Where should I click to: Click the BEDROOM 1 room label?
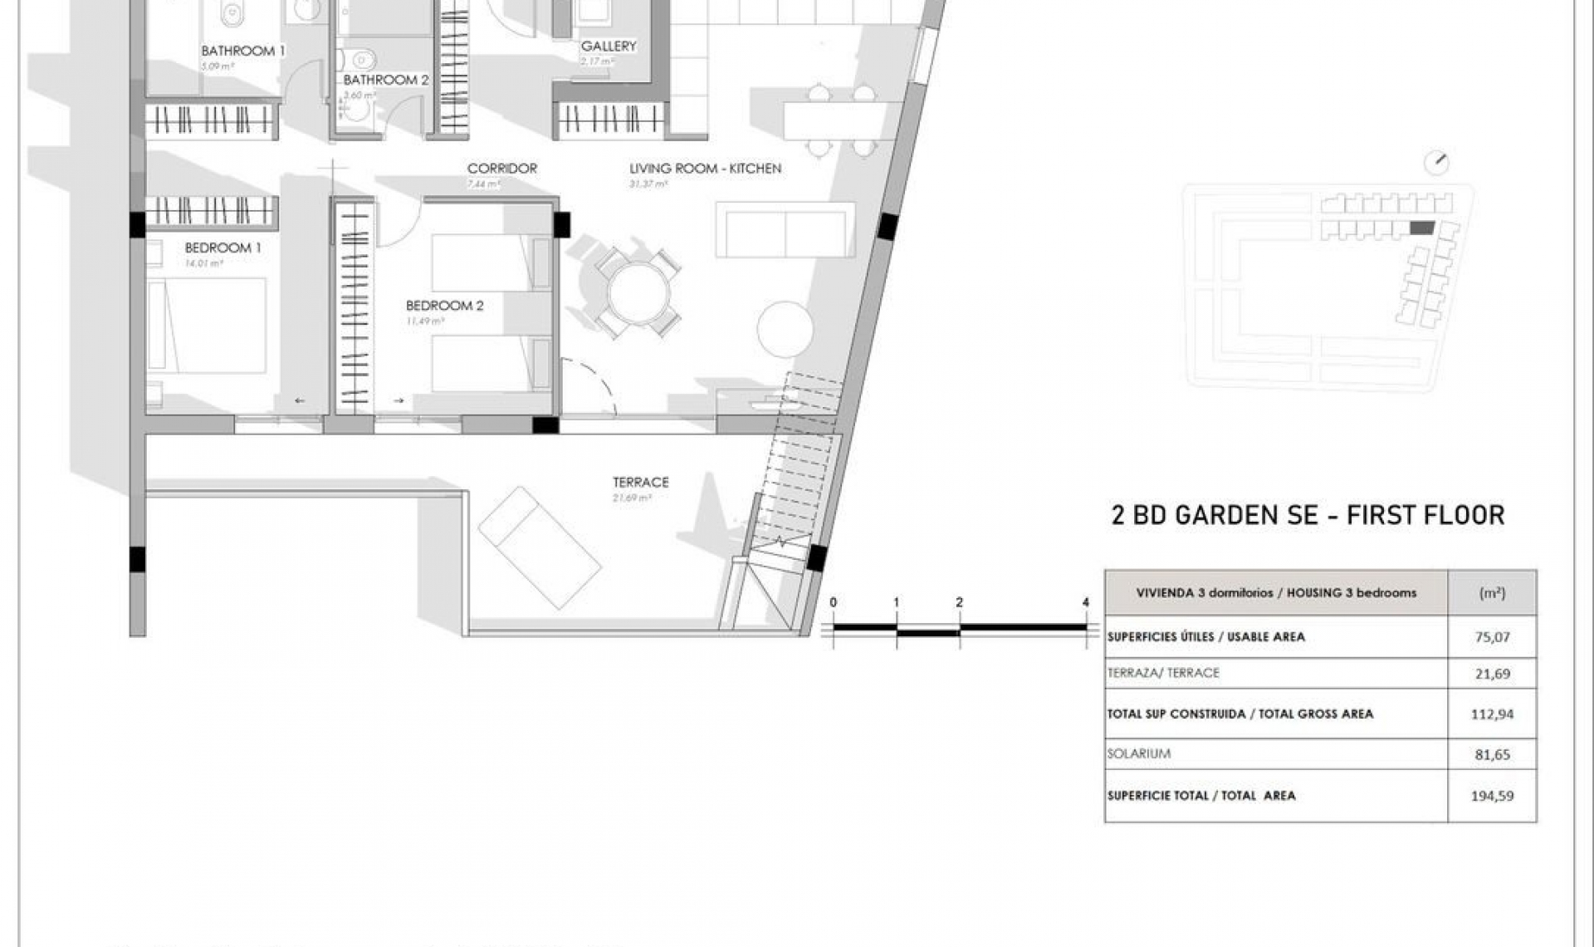[x=222, y=248]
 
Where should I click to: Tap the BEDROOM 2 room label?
[x=444, y=306]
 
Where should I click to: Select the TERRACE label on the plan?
[x=640, y=482]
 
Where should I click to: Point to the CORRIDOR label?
[x=501, y=169]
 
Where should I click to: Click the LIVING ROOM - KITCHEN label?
[x=705, y=169]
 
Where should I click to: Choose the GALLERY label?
[x=608, y=47]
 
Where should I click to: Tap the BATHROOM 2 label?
[x=386, y=80]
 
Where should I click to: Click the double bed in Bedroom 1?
[x=207, y=325]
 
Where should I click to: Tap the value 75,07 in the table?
[x=1492, y=637]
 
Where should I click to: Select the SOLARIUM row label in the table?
[x=1138, y=753]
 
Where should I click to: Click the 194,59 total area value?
[x=1492, y=796]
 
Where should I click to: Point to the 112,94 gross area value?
[x=1492, y=714]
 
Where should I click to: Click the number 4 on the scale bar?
[x=1086, y=602]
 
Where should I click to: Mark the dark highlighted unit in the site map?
[x=1422, y=228]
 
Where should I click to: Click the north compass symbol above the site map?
[x=1436, y=163]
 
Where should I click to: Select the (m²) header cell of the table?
[x=1492, y=593]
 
